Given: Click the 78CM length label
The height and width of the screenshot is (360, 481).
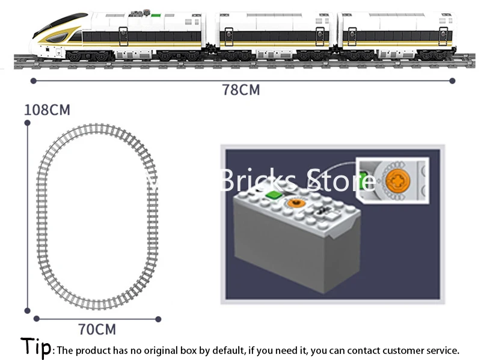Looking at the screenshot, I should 241,91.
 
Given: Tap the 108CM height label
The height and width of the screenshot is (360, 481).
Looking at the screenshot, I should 47,111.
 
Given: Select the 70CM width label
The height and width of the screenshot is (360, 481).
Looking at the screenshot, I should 97,329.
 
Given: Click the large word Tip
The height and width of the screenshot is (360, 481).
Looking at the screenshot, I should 36,347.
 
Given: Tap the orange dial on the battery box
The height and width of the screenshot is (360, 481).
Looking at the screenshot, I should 295,203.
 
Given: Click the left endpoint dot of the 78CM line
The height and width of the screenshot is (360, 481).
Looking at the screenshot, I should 32,80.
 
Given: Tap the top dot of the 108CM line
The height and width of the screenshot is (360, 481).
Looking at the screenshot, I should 27,123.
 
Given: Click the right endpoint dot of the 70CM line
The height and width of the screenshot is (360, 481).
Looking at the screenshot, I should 159,319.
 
